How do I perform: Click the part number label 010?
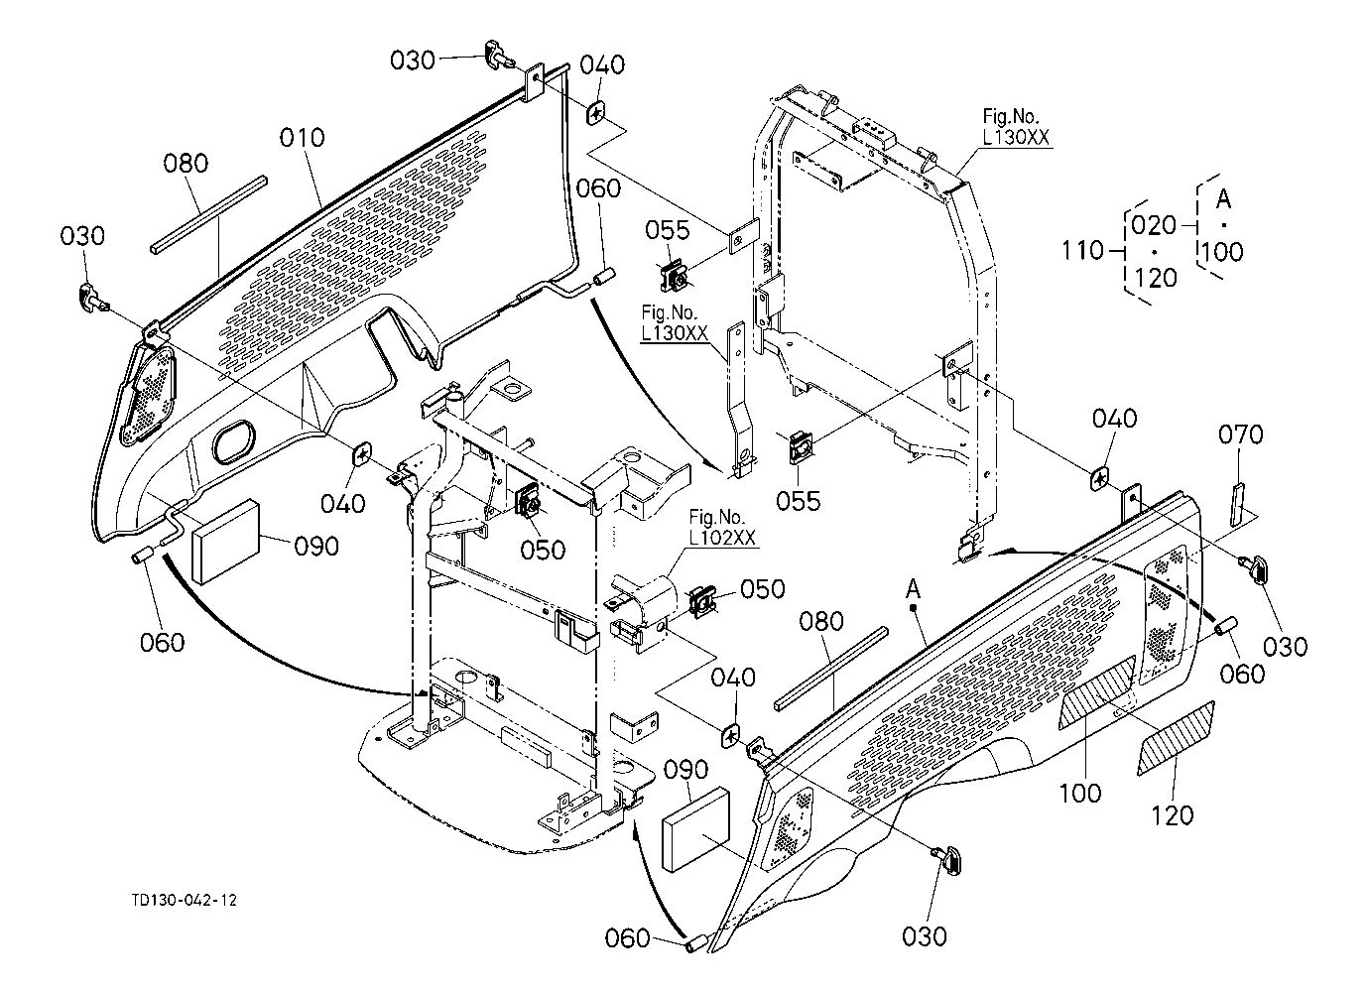click(302, 137)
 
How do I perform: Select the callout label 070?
click(1241, 434)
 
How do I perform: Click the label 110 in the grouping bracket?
click(1082, 251)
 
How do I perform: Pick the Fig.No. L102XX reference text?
click(723, 528)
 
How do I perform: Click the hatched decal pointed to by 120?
click(1175, 737)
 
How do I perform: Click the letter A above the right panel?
click(913, 589)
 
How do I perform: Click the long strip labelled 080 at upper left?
click(209, 215)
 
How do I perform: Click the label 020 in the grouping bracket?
click(1154, 225)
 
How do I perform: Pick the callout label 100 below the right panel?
click(1079, 793)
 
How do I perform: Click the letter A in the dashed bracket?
click(1223, 199)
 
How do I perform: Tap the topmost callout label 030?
click(412, 61)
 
